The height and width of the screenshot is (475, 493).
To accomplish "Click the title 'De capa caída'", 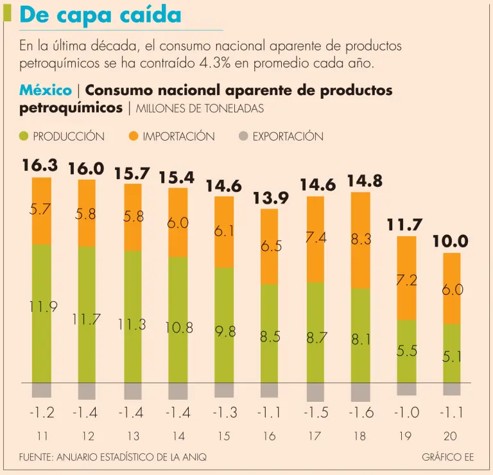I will (x=100, y=15).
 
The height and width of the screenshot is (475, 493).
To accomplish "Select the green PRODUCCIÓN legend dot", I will (x=24, y=136).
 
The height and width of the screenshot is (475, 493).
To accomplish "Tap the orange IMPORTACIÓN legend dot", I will (x=134, y=136).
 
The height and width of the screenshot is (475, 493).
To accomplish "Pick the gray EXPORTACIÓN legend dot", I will (x=243, y=136).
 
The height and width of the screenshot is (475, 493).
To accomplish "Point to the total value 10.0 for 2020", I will (x=450, y=241).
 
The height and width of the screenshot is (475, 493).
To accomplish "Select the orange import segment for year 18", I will (x=360, y=240).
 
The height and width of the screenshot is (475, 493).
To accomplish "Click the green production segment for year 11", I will (x=41, y=313).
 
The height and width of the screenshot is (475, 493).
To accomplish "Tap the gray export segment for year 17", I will (x=315, y=392).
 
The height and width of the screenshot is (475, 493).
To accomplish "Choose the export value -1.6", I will (x=361, y=413).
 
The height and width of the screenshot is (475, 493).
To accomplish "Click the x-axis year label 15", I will (x=224, y=436).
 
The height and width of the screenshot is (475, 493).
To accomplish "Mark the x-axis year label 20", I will (x=451, y=436).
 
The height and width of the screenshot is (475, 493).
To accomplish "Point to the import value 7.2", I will (x=406, y=281).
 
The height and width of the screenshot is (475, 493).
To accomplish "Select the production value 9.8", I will (x=224, y=332).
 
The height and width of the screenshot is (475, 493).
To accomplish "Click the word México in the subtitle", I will (x=46, y=91).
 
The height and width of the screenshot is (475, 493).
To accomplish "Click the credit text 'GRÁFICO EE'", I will (x=447, y=457).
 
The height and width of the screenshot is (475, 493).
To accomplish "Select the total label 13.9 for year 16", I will (x=270, y=198).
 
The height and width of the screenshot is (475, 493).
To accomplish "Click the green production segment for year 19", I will (x=406, y=350).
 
